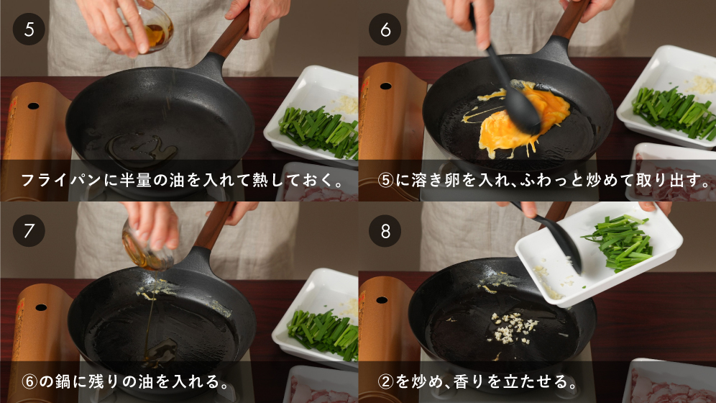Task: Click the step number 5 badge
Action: point(29,30)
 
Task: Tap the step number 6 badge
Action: point(385,30)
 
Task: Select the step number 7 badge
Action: point(29,231)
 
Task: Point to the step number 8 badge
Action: point(385,231)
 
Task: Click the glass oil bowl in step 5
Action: point(153,30)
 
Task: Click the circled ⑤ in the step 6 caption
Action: point(385,180)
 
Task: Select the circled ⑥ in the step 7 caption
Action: point(29,381)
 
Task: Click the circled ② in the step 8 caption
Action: point(385,381)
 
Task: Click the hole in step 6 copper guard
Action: point(385,86)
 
